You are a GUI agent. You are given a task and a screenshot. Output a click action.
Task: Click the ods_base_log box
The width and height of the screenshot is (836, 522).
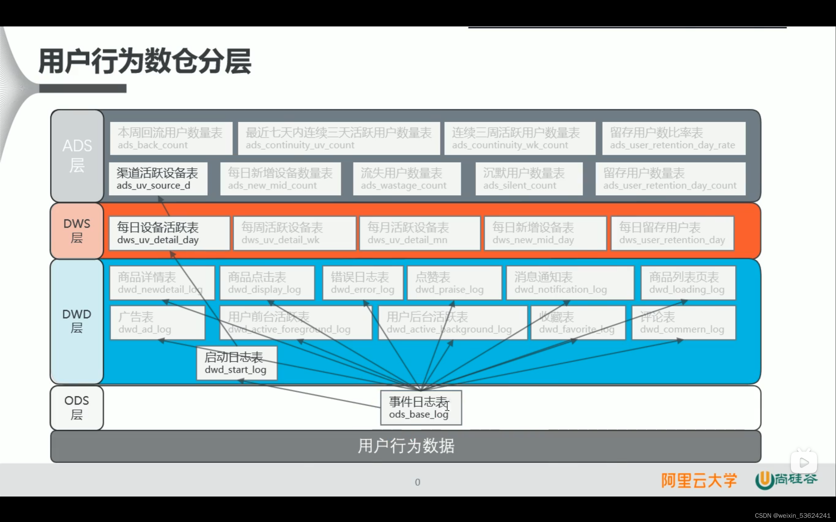click(x=421, y=408)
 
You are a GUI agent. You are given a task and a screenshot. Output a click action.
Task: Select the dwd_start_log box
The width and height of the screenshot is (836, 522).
click(x=236, y=363)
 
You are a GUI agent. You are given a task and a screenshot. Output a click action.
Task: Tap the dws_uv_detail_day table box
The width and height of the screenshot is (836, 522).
click(x=169, y=233)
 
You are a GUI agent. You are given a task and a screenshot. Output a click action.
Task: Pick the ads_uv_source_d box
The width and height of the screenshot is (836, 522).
click(x=158, y=179)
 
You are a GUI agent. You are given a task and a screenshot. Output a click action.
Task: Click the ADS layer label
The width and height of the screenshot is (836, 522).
click(x=77, y=156)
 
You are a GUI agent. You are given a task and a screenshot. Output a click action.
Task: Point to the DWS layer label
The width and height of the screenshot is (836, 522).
click(x=77, y=231)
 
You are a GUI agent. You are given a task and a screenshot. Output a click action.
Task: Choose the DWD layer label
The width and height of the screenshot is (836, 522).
click(x=77, y=322)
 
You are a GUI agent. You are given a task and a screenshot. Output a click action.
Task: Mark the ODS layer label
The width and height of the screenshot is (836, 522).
click(x=77, y=408)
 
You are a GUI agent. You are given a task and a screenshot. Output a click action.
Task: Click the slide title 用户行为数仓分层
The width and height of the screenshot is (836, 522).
click(x=145, y=61)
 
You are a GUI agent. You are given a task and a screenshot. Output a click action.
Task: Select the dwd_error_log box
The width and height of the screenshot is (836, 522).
click(x=362, y=283)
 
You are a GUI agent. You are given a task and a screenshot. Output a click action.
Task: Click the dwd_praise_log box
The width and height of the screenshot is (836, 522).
click(x=454, y=283)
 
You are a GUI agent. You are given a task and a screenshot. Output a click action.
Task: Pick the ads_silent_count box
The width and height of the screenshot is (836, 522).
click(x=529, y=179)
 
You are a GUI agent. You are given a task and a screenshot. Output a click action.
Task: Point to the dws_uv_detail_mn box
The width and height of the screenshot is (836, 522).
click(x=420, y=233)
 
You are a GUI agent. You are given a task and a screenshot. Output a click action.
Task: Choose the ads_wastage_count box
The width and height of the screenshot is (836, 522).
click(x=407, y=179)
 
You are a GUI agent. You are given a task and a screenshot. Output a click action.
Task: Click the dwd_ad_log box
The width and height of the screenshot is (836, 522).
click(x=157, y=323)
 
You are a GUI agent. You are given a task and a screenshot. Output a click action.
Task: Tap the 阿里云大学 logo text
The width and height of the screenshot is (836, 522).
click(x=699, y=480)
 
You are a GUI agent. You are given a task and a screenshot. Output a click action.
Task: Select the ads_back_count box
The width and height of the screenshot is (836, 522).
click(x=171, y=138)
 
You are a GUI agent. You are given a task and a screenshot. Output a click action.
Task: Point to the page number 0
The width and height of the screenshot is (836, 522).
click(x=417, y=482)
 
